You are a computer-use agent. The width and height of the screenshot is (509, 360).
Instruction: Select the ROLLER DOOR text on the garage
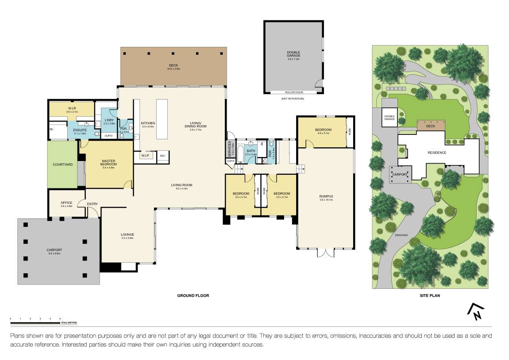point(293,92)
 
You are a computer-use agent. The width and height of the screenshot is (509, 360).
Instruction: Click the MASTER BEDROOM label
point(108,163)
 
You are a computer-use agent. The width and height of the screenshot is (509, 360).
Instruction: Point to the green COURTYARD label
point(62,165)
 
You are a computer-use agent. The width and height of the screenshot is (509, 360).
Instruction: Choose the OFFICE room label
point(66,203)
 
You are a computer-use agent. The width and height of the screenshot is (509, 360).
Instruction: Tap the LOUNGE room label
point(127,234)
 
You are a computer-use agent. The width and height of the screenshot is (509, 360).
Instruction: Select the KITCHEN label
point(148,123)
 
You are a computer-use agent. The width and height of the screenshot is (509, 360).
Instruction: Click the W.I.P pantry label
point(145,156)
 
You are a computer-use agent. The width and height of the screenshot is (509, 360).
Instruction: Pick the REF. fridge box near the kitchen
point(162,156)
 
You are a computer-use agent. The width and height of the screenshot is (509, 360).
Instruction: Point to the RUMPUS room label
point(325,196)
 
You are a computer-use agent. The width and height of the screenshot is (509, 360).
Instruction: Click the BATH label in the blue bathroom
point(251,151)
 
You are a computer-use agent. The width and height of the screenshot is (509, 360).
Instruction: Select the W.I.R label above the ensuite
point(72,107)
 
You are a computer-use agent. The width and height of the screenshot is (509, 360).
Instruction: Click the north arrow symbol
point(476,312)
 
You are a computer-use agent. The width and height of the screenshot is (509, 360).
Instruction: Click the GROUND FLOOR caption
point(193,295)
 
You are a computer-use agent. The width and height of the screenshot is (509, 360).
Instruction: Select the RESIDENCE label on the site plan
point(436,153)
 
